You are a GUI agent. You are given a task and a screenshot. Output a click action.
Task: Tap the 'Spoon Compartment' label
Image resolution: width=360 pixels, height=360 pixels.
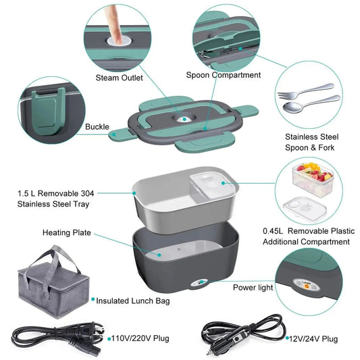click(x=224, y=75)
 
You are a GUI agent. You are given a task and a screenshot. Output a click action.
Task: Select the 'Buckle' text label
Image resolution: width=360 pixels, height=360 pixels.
click(x=97, y=126)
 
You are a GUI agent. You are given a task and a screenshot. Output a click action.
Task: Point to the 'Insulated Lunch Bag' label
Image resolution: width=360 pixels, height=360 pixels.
click(x=133, y=301)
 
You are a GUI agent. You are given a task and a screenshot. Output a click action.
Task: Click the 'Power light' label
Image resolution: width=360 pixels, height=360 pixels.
click(x=253, y=286)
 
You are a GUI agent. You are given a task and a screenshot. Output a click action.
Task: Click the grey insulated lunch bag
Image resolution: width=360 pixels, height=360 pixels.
click(x=51, y=284)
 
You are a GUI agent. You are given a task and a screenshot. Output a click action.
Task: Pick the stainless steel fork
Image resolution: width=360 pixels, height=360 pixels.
click(x=305, y=91)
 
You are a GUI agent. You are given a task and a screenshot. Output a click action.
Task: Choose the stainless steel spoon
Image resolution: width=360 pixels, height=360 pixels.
click(x=311, y=103)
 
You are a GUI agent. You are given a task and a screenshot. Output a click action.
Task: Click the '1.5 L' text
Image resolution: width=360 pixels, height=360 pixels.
click(x=28, y=193)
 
